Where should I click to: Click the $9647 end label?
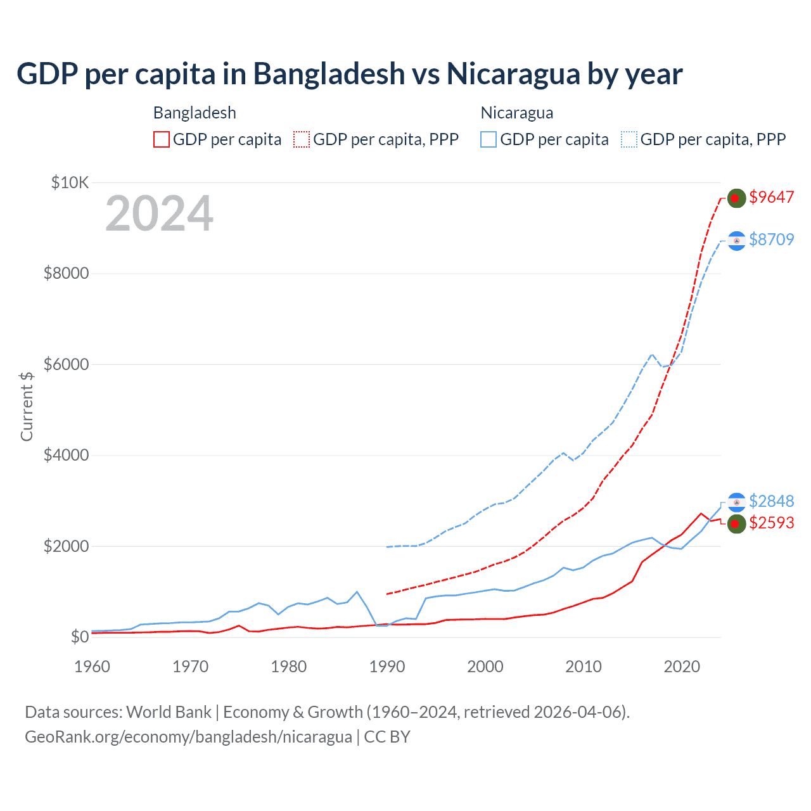[771, 197]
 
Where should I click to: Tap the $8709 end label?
[771, 239]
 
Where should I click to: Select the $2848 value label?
[771, 501]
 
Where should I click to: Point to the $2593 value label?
[771, 523]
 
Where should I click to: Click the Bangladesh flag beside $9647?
[736, 198]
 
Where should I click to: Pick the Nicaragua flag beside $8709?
[736, 241]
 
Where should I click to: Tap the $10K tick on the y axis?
[70, 183]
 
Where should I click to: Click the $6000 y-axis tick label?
[66, 364]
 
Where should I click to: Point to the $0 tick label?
[79, 637]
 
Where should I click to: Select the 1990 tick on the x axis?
[387, 667]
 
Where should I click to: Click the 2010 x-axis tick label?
[584, 667]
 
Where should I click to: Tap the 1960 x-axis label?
[93, 667]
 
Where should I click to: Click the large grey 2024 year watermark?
[159, 214]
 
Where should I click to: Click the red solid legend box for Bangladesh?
[162, 139]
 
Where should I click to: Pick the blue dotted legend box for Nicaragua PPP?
[629, 139]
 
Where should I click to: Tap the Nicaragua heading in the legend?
[517, 113]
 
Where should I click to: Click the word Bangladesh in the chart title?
[329, 73]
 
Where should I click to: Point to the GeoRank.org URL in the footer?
[188, 737]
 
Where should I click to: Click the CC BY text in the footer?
[387, 737]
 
